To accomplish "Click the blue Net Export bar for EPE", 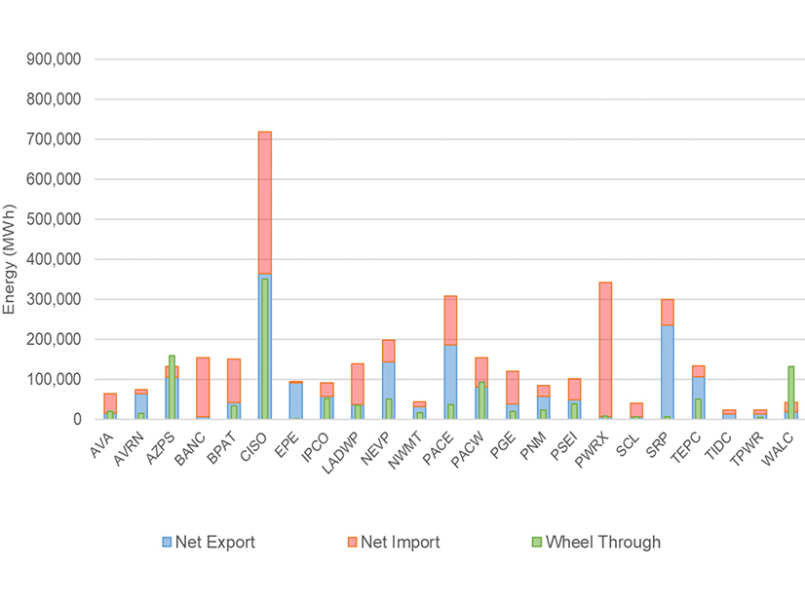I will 295,400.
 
